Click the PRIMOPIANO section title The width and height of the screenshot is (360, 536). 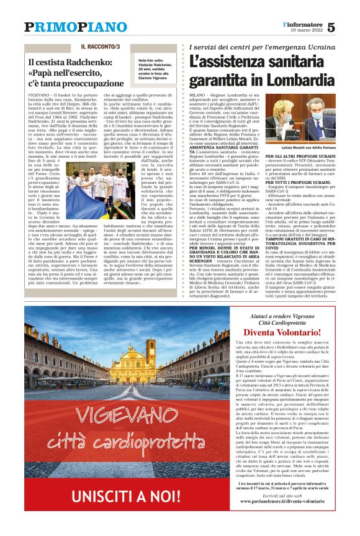[67, 27]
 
